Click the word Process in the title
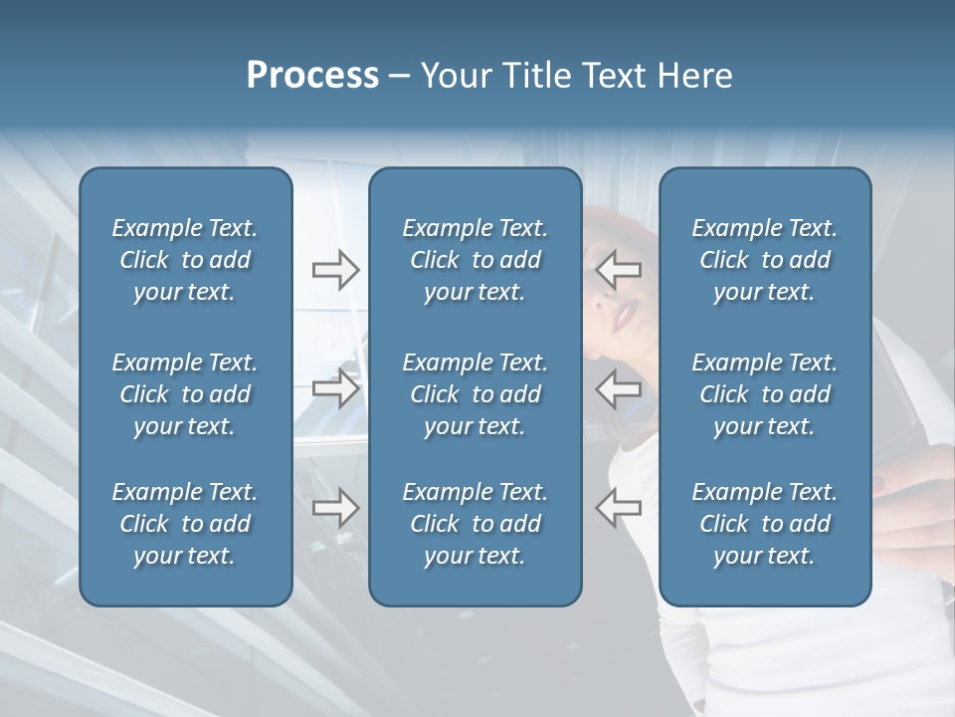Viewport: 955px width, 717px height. coord(312,76)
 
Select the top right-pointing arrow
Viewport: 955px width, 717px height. coord(335,270)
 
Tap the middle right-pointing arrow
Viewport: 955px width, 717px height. coord(335,388)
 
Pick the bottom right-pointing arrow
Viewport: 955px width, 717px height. coord(335,507)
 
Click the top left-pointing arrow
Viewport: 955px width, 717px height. coord(619,270)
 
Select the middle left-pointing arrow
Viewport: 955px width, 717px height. coord(619,388)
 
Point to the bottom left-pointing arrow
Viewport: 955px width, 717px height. coord(619,507)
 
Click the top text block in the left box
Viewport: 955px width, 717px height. coord(185,260)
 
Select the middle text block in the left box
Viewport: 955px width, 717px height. coord(185,394)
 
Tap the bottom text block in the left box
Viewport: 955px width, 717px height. coord(185,524)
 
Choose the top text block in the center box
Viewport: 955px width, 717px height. coord(475,260)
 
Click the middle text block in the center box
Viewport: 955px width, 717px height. coord(475,394)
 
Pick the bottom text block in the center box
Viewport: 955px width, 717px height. coord(475,524)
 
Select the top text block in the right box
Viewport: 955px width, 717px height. coord(764,260)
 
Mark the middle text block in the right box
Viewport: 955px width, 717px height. coord(764,394)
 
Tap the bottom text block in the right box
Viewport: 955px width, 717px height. coord(764,524)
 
